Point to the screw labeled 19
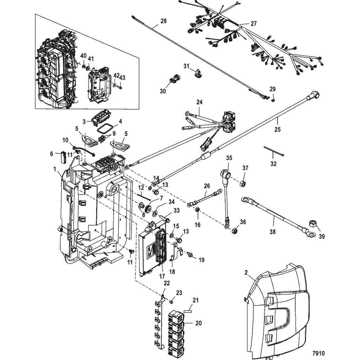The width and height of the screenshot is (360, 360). pyautogui.click(x=190, y=254)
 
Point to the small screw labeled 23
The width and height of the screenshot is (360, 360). pyautogui.click(x=171, y=300)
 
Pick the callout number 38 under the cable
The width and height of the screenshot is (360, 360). pyautogui.click(x=273, y=232)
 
